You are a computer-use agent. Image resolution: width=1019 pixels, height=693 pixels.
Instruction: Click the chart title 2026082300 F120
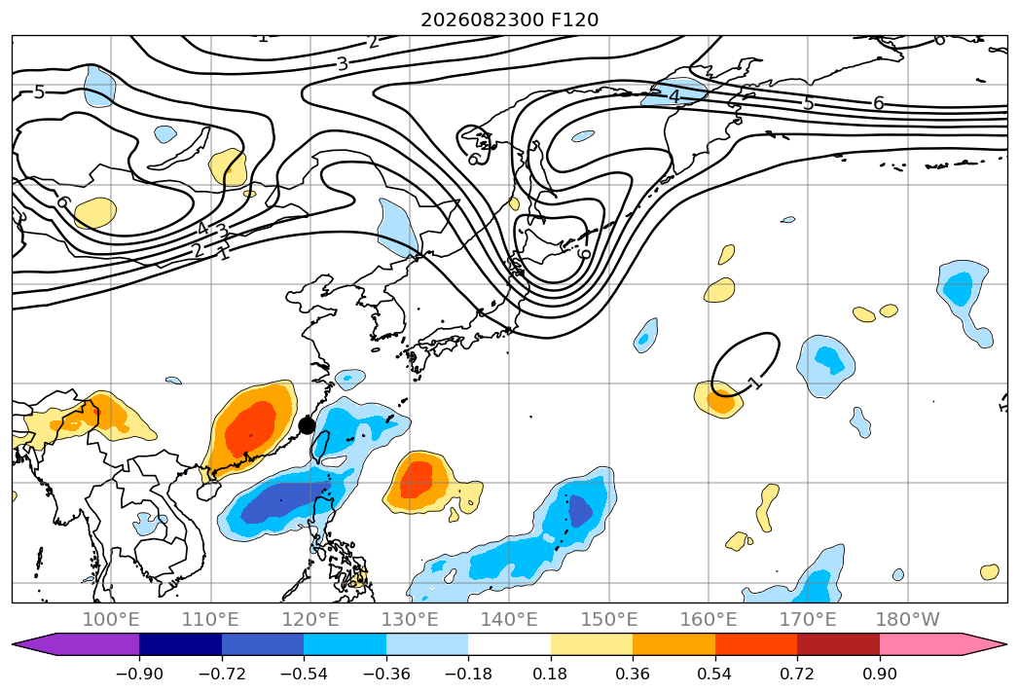point(510,20)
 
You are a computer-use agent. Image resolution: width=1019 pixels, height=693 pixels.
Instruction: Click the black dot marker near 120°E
point(307,425)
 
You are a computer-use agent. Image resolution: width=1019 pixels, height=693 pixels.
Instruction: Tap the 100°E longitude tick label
point(111,619)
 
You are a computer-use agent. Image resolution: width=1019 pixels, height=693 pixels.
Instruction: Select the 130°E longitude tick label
point(410,619)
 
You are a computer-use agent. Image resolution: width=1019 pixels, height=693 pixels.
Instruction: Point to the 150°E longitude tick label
point(609,619)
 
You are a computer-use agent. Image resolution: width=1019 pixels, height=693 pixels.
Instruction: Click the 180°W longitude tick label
point(907,619)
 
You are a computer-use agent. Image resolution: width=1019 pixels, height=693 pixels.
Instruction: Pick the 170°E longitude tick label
point(808,619)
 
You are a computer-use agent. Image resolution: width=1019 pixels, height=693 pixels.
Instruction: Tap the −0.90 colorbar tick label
point(139,674)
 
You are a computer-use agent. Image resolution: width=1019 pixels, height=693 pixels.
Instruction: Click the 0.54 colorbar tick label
point(715,674)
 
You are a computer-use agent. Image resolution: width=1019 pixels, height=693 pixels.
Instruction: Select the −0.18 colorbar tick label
point(468,674)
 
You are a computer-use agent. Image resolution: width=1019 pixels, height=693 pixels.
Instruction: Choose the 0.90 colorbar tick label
point(879,674)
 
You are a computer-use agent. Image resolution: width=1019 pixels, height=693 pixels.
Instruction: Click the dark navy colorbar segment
point(181,644)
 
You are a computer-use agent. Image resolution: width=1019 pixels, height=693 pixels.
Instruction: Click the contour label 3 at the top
point(343,63)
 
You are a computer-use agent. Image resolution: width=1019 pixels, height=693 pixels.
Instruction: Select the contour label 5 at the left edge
point(39,92)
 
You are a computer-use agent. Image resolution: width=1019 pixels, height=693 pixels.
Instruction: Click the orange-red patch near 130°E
point(416,480)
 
